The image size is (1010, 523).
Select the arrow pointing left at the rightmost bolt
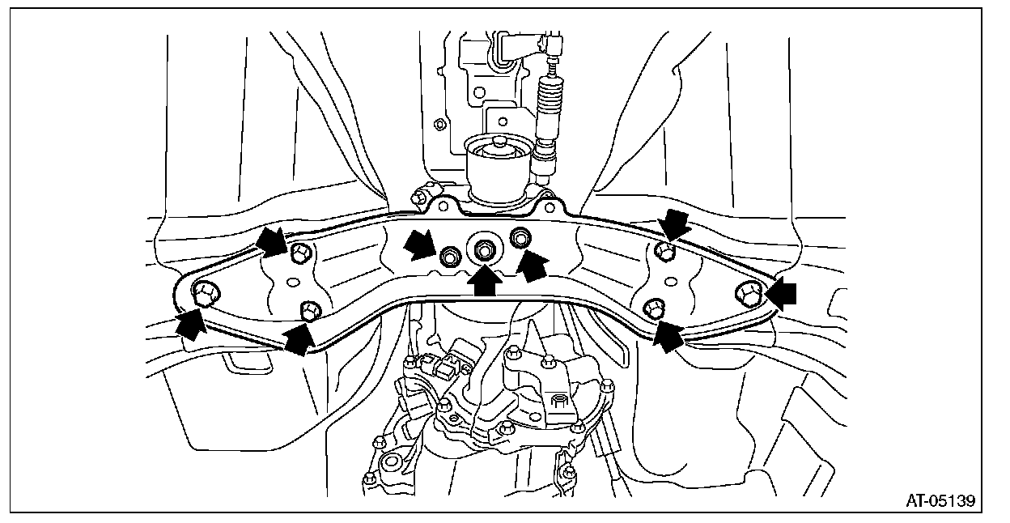[x=780, y=295]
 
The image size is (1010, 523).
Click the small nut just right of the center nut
[x=520, y=237]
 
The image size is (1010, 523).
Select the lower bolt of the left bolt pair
[x=310, y=309]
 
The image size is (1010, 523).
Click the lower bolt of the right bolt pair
[x=655, y=308]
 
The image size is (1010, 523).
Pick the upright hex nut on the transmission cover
[x=557, y=400]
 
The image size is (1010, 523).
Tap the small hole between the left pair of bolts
[x=295, y=282]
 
